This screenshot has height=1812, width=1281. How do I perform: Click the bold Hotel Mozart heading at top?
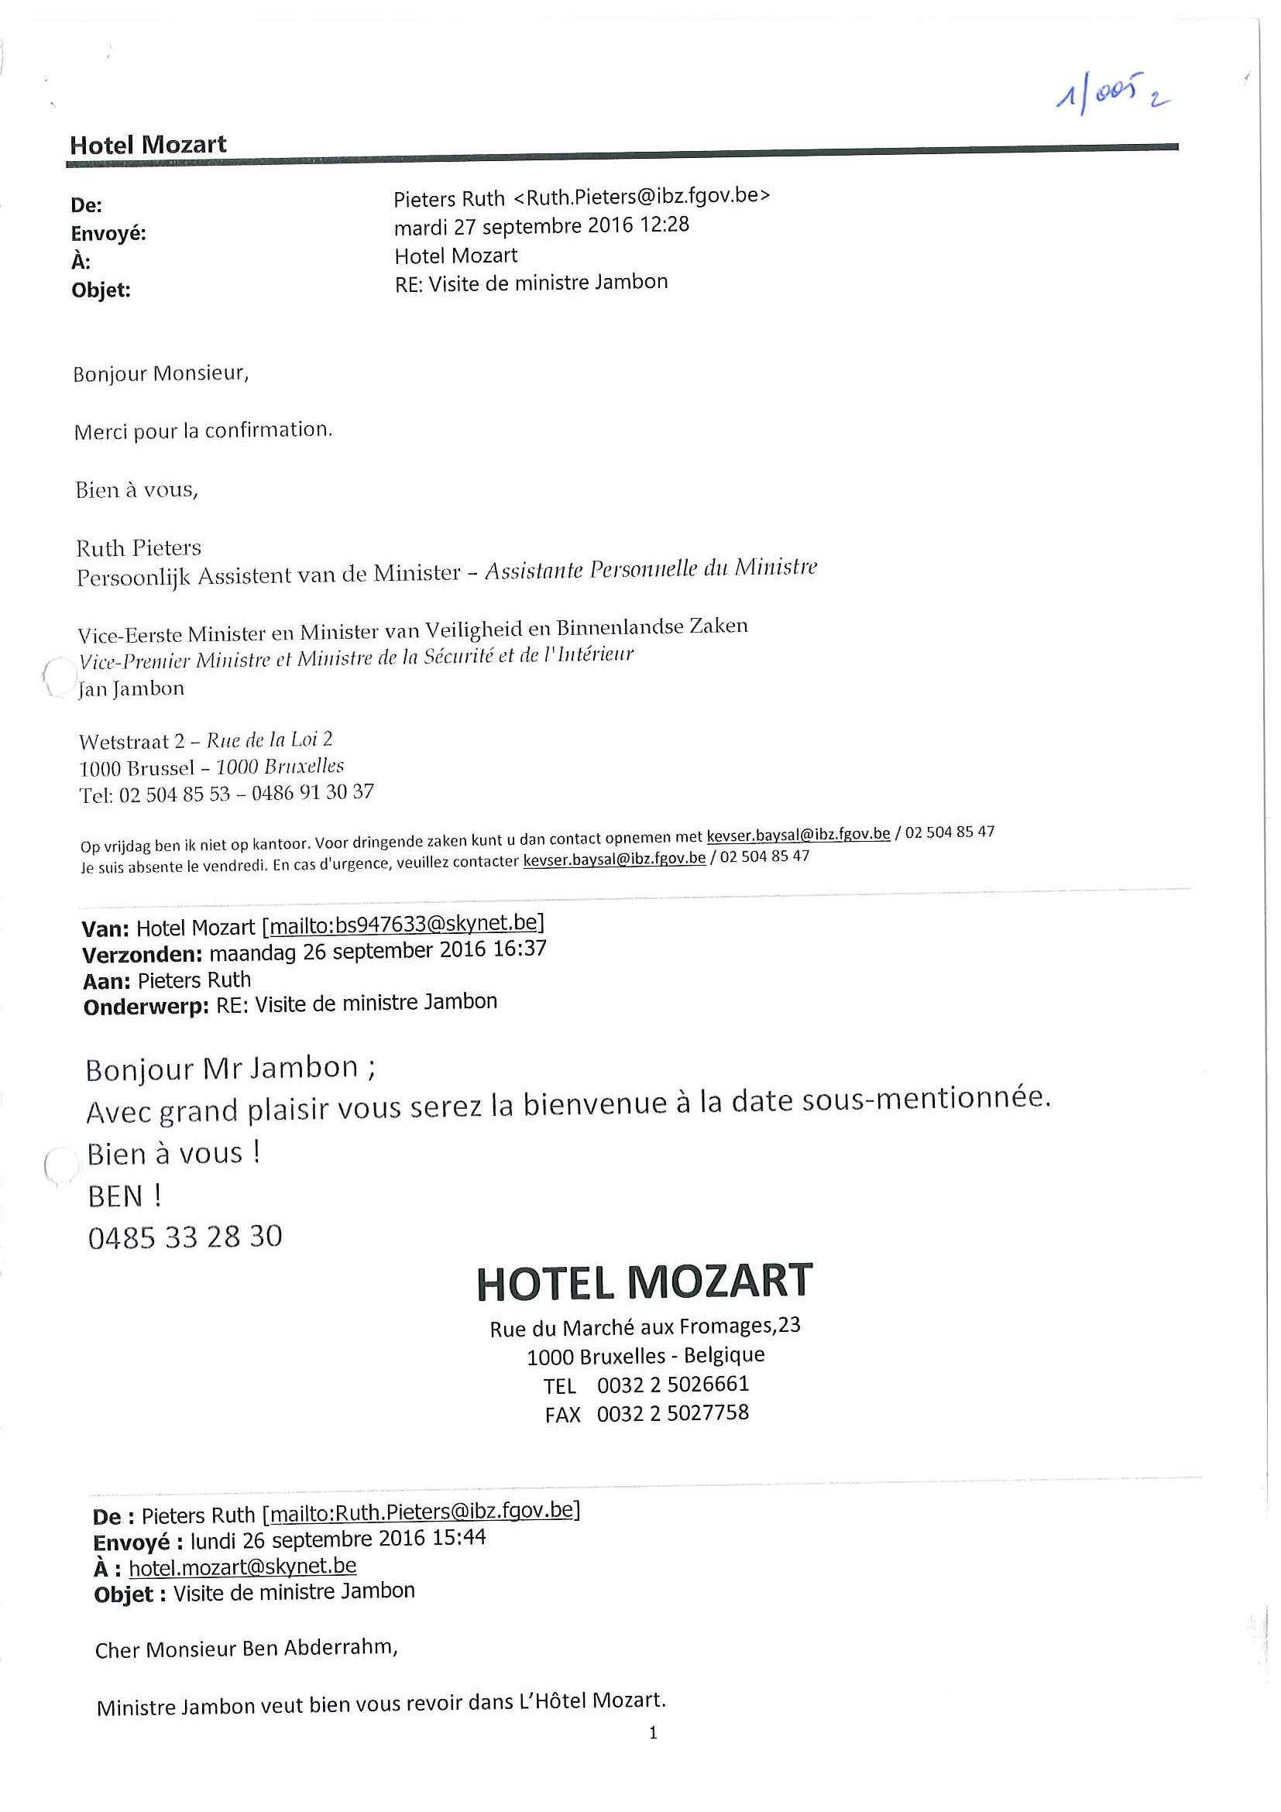pos(148,145)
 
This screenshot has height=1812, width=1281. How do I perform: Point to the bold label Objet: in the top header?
pos(101,290)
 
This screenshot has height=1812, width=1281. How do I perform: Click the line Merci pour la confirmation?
pos(203,431)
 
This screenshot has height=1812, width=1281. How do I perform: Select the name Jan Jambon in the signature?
pos(132,689)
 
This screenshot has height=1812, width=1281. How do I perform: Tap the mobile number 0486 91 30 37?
pos(313,792)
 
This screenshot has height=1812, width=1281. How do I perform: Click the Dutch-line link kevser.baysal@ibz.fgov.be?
pos(798,834)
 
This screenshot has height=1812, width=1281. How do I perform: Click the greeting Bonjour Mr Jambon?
pos(230,1069)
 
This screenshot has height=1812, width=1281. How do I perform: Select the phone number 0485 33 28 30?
pos(184,1237)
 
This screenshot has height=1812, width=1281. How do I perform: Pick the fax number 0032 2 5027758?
pos(672,1412)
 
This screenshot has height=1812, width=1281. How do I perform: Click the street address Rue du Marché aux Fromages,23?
pos(645,1327)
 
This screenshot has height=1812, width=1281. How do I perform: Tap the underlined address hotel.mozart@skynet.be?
pos(242,1567)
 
